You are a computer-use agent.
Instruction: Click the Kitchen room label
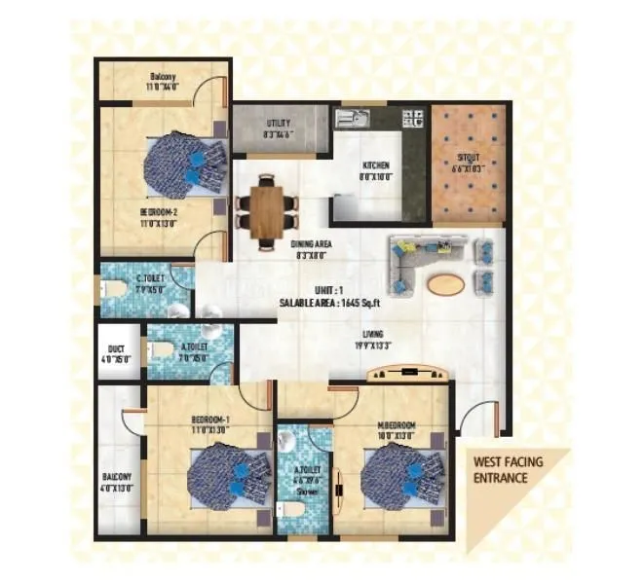376,165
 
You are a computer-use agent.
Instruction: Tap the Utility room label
278,124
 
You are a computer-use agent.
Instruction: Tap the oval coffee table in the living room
445,283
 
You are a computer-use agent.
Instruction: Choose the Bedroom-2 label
156,210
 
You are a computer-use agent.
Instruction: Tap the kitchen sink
351,119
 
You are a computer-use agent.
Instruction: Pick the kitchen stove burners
412,119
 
